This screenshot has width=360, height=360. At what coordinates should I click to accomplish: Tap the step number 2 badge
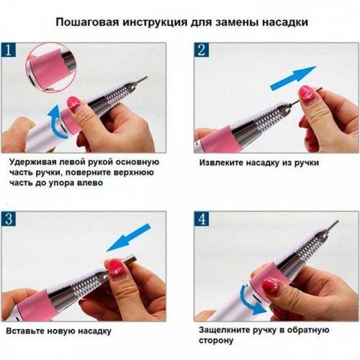(x=202, y=52)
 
